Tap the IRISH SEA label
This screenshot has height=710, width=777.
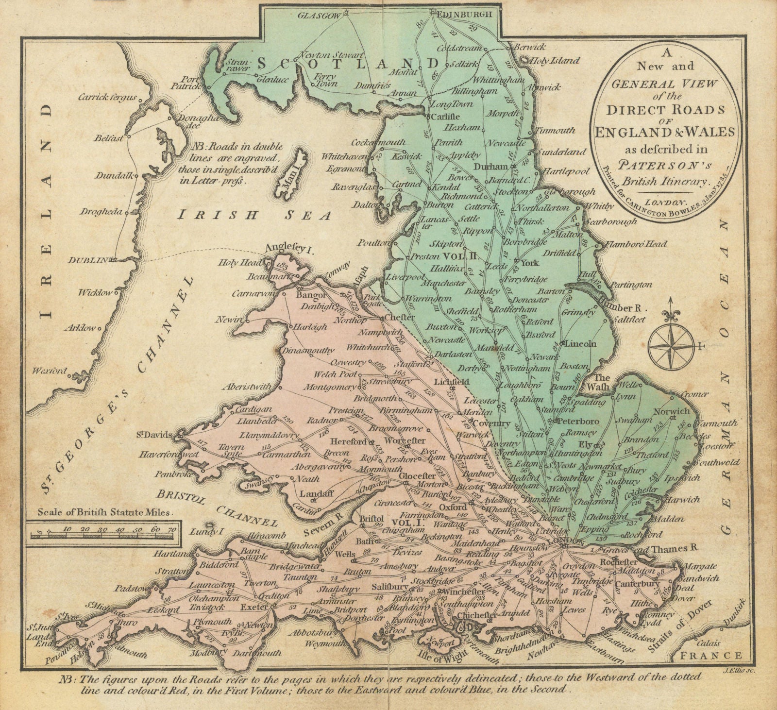click(254, 214)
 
